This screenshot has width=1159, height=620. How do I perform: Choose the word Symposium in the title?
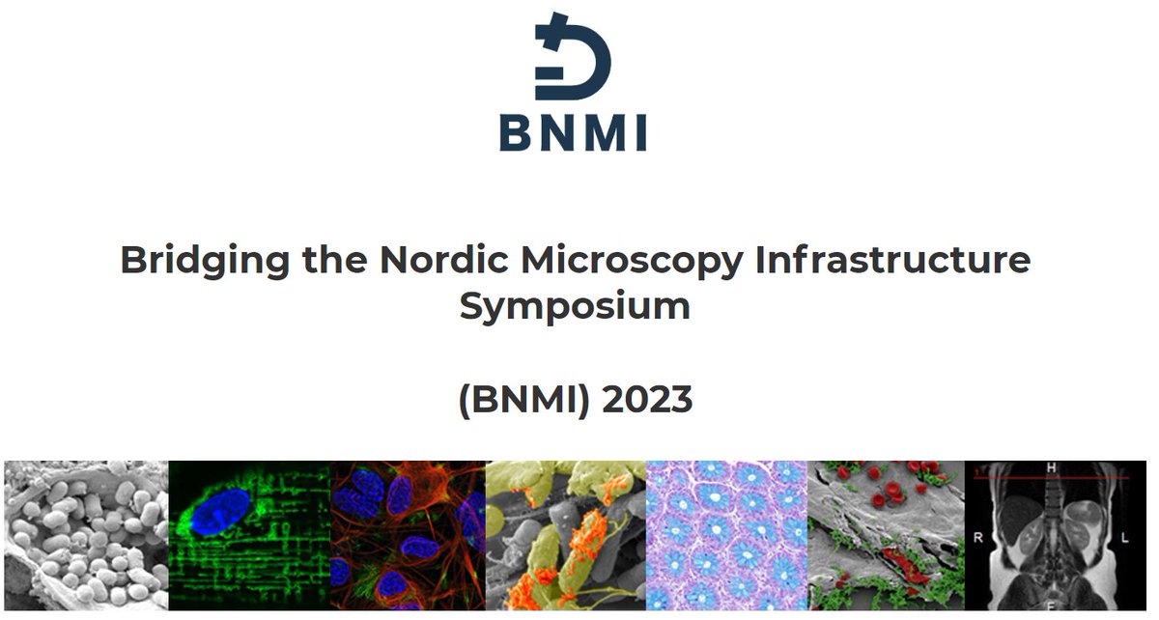point(575,307)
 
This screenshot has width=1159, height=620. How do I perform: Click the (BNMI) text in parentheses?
point(524,399)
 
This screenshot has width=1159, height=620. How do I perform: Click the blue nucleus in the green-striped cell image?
point(220,510)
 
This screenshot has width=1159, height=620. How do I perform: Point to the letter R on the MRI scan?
point(977,540)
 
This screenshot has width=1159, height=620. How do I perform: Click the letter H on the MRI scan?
point(1051,468)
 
